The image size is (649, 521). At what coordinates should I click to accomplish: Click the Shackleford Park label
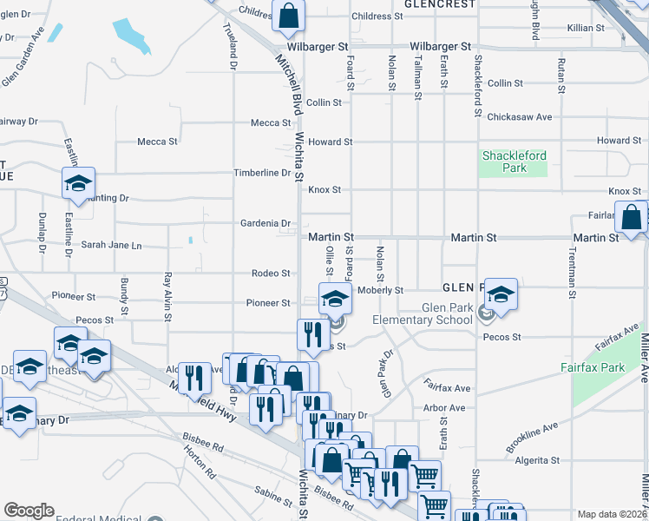[x=513, y=162]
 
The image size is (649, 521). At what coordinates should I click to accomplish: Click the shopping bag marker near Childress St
[x=288, y=14]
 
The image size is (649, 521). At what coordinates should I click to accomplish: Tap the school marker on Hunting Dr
[x=77, y=183]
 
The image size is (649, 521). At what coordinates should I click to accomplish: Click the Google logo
[x=29, y=511]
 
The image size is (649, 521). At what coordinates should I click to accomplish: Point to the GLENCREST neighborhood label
[x=440, y=4]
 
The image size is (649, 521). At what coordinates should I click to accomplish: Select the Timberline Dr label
[x=262, y=173]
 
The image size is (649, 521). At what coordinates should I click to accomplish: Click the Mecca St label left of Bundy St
[x=157, y=142]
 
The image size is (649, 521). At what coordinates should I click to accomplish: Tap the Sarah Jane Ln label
[x=111, y=245]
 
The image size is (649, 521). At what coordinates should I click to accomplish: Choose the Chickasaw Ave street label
[x=520, y=116]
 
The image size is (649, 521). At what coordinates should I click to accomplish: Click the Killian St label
[x=586, y=28]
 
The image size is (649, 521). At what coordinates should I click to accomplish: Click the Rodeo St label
[x=271, y=274]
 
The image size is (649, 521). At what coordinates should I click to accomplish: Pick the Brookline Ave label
[x=531, y=436]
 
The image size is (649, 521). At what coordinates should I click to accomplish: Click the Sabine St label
[x=274, y=498]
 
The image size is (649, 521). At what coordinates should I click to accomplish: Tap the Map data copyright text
[x=612, y=514]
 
